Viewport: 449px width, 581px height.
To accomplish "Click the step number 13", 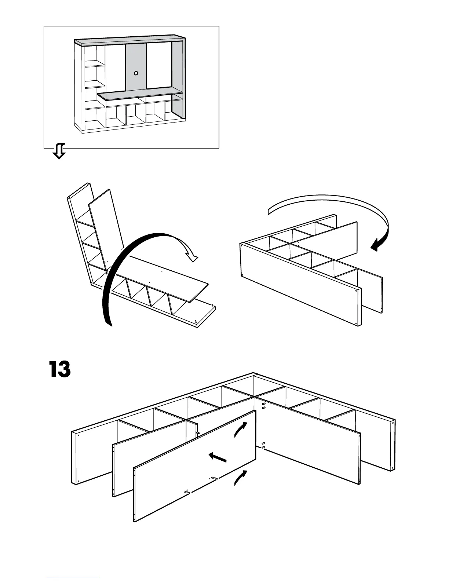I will pyautogui.click(x=59, y=369).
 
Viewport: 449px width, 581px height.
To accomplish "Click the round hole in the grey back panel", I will pyautogui.click(x=136, y=73).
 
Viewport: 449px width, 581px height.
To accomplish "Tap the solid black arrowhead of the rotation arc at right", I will pyautogui.click(x=376, y=245).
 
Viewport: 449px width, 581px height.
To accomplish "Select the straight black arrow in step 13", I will pyautogui.click(x=218, y=457).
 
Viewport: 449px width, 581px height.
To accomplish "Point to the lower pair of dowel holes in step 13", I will pyautogui.click(x=263, y=445).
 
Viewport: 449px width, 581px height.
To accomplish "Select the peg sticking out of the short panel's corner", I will pyautogui.click(x=197, y=433).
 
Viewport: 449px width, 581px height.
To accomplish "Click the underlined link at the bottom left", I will pyautogui.click(x=73, y=578).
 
